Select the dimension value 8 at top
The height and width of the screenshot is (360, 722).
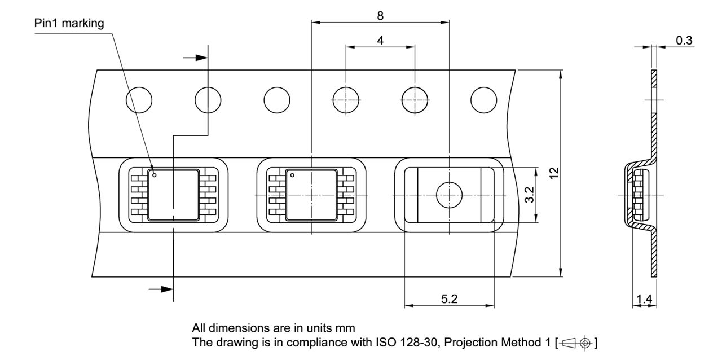pos(380,16)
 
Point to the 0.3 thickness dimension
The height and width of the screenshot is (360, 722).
pos(684,40)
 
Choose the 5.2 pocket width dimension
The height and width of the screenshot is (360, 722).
pos(449,299)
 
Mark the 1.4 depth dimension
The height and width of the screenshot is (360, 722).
pos(643,300)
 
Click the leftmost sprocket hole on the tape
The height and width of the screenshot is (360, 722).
pos(139,100)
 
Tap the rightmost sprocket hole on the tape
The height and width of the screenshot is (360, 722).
pos(484,100)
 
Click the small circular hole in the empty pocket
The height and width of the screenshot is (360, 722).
pos(449,195)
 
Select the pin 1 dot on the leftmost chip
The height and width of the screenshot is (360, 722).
pos(154,175)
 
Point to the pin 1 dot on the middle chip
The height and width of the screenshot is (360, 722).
pos(292,175)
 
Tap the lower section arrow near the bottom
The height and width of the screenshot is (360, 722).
pos(161,289)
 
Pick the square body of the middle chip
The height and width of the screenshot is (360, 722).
pos(311,195)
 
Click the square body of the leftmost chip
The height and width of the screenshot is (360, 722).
pos(174,195)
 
